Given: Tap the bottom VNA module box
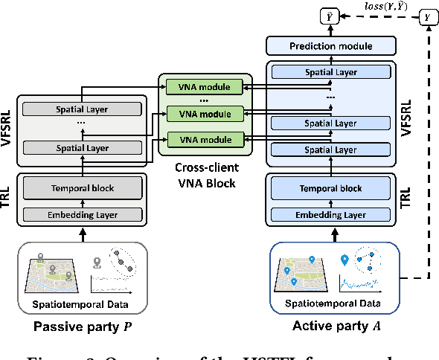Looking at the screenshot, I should point(204,138).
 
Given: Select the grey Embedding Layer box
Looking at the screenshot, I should point(83,214).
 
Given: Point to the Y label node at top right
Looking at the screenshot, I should point(426,16).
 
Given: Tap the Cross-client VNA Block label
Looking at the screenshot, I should point(205,176).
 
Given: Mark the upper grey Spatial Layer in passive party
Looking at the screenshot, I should point(83,109).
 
